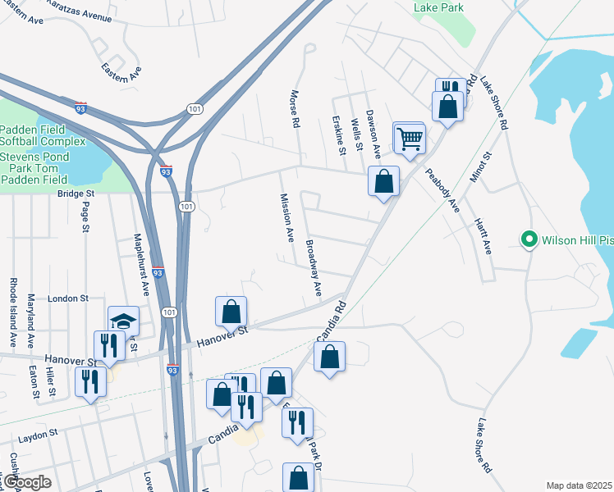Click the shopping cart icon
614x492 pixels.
coord(410,139)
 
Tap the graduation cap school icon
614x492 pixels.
coord(123,321)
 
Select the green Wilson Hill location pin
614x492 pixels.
coord(529,239)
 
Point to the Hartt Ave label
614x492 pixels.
coord(482,235)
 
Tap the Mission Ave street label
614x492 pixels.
coord(287,217)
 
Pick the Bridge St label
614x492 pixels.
coord(76,194)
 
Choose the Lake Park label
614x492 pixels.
coord(439,8)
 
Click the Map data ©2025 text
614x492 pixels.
coord(578,485)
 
